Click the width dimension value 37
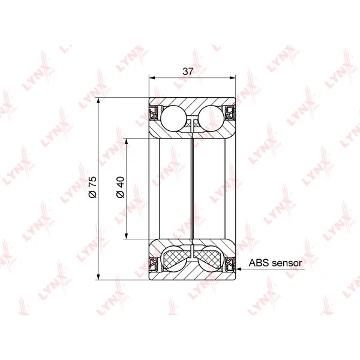188,71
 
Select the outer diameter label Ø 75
93,187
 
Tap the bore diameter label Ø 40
120,187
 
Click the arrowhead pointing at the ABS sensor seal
238,269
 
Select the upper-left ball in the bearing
173,118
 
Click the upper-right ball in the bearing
211,118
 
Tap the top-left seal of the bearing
153,113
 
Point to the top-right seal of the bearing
231,113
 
